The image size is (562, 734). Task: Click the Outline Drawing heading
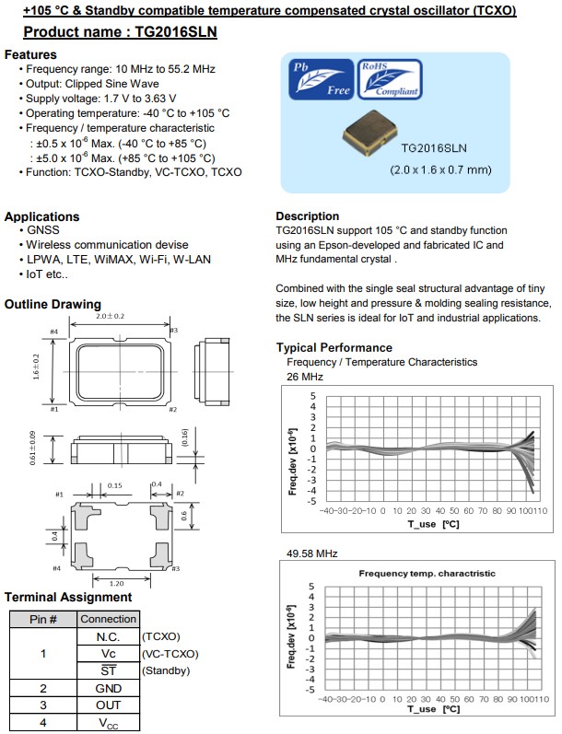tap(53, 304)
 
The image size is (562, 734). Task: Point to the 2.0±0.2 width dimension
tap(110, 317)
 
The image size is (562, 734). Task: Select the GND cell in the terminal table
tap(108, 688)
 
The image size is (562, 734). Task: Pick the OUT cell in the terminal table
tap(108, 705)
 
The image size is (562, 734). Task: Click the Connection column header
tap(108, 619)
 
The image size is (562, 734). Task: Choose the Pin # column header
tap(42, 619)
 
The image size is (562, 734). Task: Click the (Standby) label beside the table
tap(167, 670)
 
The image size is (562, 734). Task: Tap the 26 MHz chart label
tap(305, 377)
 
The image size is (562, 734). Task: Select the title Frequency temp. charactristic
tap(427, 573)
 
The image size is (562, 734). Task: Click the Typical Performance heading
tap(334, 347)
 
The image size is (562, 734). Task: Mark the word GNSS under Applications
tap(41, 230)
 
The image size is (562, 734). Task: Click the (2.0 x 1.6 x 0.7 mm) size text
tap(439, 169)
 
